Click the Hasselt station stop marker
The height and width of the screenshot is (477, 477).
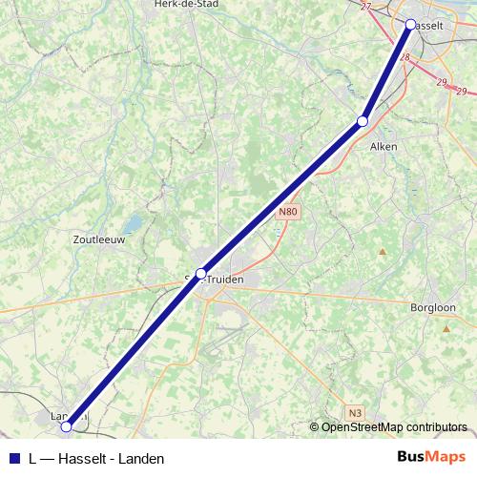(410, 24)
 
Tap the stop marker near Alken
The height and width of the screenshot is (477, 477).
(362, 121)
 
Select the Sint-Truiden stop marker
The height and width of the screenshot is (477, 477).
(200, 274)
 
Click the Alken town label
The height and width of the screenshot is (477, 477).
(383, 147)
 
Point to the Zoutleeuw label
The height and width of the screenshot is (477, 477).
(99, 241)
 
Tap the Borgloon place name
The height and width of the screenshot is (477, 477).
(434, 308)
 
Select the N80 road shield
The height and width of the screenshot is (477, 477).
(289, 211)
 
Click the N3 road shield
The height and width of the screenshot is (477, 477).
(355, 412)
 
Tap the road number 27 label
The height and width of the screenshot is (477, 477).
(366, 7)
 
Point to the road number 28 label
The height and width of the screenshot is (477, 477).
(405, 58)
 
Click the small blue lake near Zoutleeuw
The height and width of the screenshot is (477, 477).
(135, 223)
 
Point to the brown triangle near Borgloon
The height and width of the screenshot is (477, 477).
(446, 328)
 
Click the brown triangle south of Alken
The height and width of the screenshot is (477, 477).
(382, 252)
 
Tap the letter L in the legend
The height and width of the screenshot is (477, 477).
(33, 458)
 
